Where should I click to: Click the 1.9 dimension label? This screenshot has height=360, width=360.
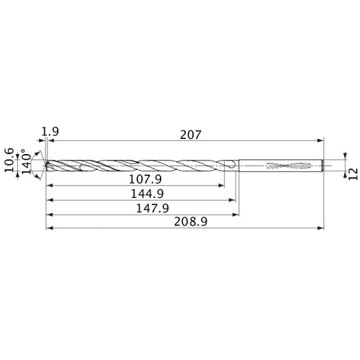(50, 132)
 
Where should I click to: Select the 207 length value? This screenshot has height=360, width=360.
(189, 135)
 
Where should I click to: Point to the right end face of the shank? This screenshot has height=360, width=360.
(323, 166)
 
